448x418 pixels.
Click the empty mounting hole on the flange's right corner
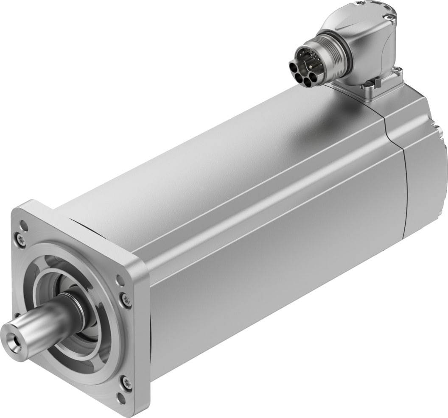click(x=120, y=280)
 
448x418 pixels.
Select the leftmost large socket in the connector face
click(x=294, y=67)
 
